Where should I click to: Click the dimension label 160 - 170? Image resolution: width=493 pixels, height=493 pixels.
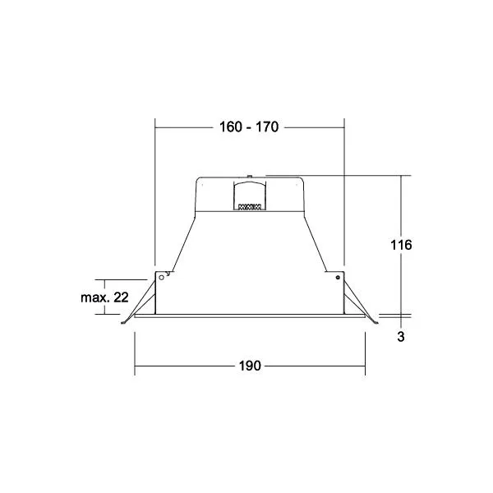pos(249,127)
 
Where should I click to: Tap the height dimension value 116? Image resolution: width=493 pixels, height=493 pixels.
pos(401,245)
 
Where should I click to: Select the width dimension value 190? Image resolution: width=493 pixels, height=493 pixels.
pos(250,366)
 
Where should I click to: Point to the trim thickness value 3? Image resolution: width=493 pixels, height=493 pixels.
pos(401,337)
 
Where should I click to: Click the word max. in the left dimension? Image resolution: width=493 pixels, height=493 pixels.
pos(94,297)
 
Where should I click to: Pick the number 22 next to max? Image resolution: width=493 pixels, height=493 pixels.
pos(121,297)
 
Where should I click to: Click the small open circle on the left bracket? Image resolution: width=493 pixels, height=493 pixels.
pos(162,278)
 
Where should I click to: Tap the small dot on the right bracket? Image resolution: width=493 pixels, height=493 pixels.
pos(338,278)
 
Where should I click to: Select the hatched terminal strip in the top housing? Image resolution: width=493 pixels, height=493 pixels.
pos(250,207)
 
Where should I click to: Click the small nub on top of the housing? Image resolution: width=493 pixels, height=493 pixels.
pos(249,176)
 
